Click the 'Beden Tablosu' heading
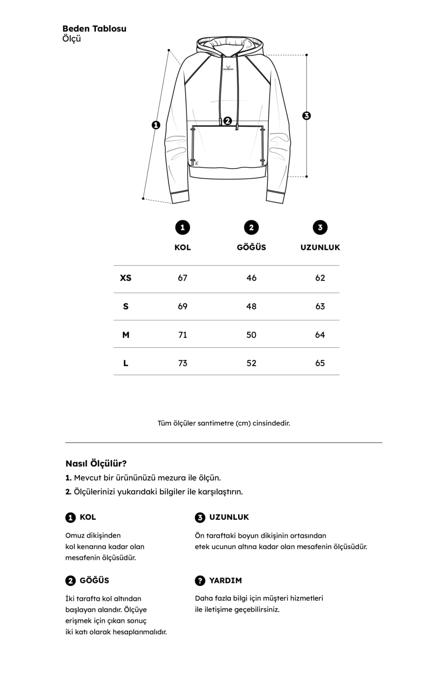click(94, 29)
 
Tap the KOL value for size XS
click(183, 278)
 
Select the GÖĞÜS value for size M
click(251, 335)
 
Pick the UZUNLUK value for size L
click(320, 363)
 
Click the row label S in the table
click(126, 307)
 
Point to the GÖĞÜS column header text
click(251, 247)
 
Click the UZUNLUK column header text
click(320, 247)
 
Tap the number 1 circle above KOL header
click(183, 227)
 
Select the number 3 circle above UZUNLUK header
click(320, 227)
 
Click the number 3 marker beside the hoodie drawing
click(307, 115)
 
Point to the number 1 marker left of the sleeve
click(156, 125)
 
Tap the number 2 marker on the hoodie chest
click(227, 121)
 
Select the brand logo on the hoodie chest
click(228, 68)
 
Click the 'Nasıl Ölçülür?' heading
click(96, 464)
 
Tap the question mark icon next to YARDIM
click(200, 580)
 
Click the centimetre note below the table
click(224, 423)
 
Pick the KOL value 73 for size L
click(183, 363)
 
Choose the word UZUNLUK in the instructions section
click(229, 517)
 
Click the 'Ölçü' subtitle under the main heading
click(71, 39)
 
